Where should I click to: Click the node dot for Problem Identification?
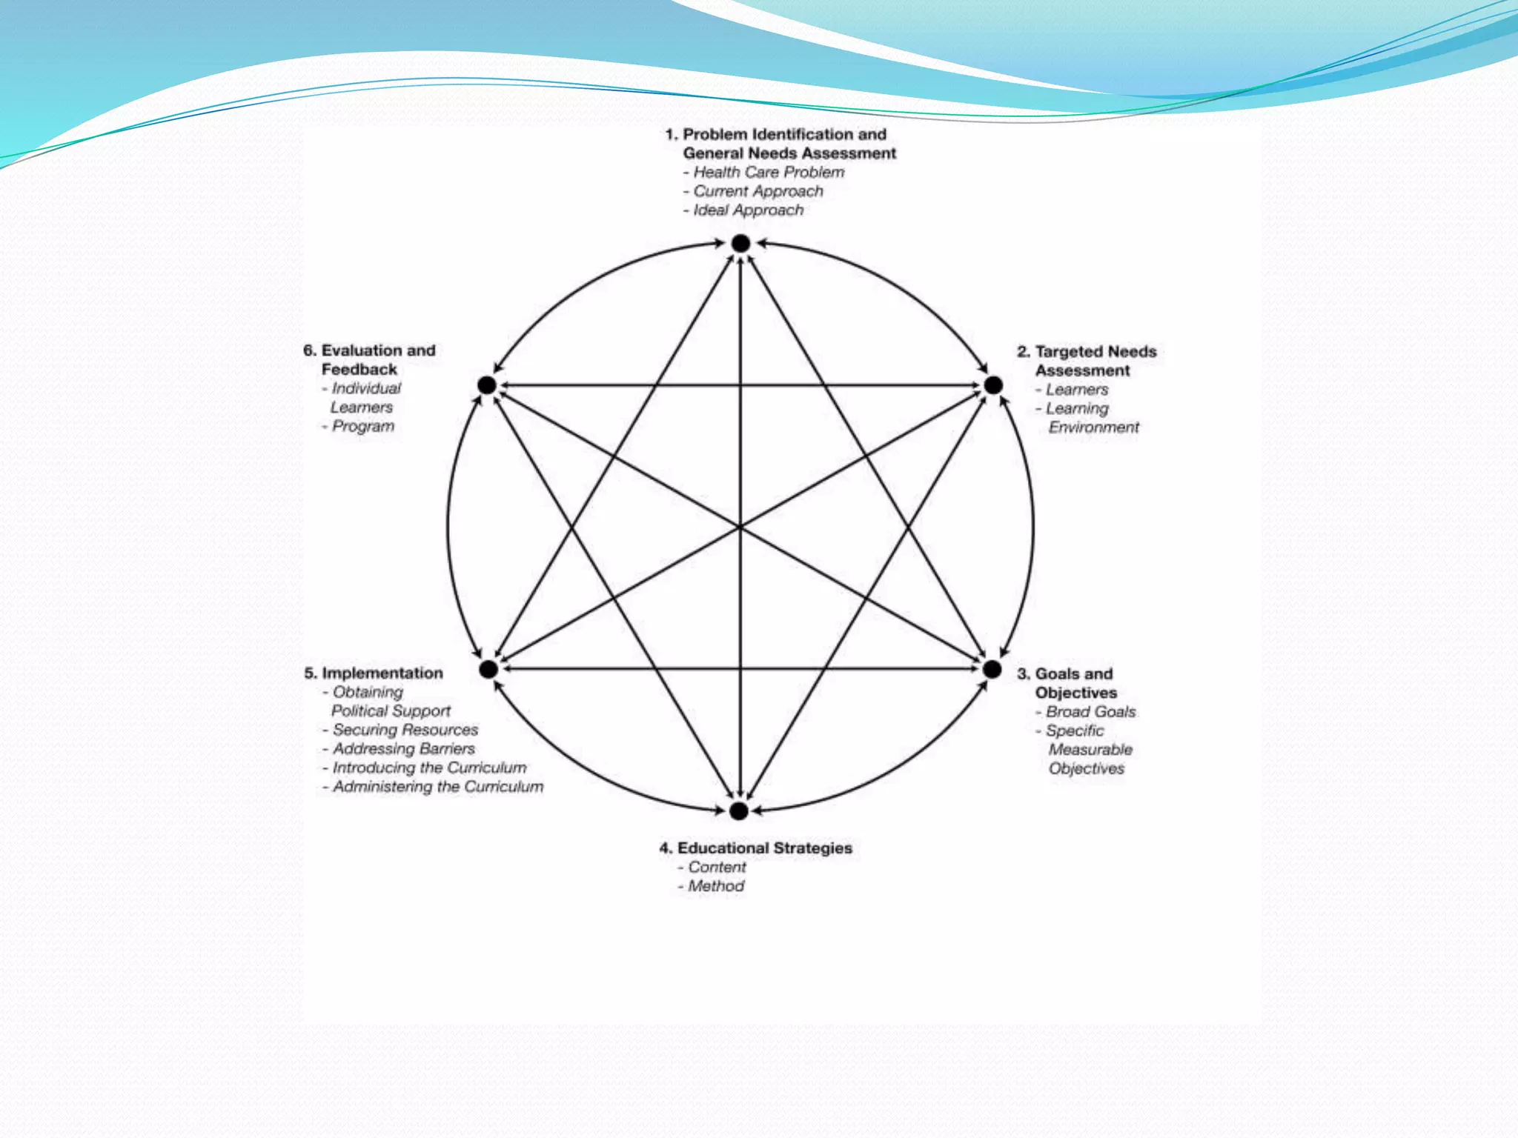740,243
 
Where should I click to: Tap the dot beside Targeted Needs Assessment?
993,385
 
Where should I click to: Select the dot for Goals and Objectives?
992,669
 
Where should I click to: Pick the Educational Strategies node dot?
738,811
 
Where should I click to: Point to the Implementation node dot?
488,669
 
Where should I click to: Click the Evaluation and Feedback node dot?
487,385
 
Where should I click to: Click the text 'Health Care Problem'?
769,173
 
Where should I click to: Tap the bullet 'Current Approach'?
758,191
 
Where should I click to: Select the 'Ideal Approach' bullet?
748,210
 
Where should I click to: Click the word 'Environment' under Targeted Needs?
1093,427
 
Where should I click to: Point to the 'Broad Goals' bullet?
1090,712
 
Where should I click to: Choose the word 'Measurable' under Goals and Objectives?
1090,750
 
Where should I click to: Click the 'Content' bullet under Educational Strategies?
717,867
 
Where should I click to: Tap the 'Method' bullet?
715,886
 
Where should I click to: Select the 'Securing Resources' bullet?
405,730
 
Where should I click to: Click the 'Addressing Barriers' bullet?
403,749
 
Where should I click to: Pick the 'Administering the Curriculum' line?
437,787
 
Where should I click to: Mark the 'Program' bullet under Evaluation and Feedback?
362,426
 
